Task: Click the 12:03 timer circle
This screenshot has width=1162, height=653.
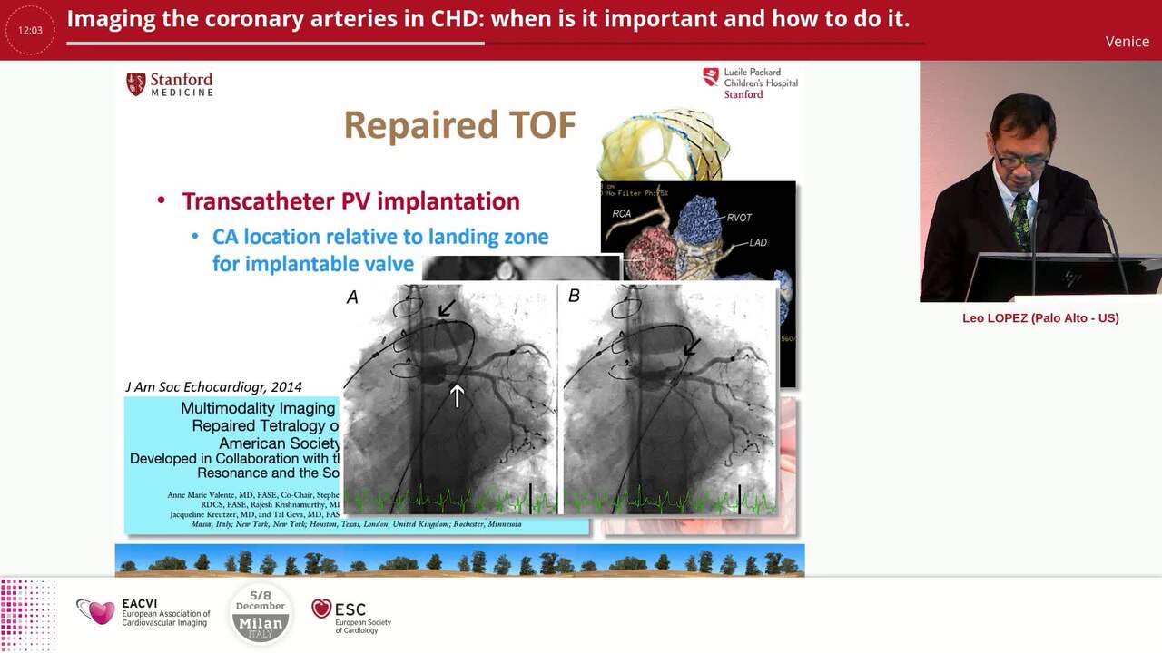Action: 30,30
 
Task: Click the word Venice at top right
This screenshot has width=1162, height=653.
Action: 1127,42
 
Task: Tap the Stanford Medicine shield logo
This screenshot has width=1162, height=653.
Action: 136,84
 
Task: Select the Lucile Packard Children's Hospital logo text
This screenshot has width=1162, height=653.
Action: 760,83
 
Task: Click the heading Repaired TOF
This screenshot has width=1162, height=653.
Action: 459,126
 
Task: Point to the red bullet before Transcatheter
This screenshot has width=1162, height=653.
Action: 162,201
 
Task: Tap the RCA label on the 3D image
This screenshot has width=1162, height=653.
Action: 622,214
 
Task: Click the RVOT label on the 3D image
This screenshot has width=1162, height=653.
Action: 739,218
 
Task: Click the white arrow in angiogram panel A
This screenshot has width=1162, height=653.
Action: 457,395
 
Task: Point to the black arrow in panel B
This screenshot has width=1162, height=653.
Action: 692,346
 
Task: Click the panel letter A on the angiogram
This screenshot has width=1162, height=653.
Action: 352,297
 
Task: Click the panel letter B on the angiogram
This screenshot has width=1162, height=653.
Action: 574,296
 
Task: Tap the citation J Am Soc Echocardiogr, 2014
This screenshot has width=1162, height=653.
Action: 213,386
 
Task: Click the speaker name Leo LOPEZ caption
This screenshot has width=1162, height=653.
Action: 1040,318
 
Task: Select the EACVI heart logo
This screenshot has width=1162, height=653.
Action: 95,612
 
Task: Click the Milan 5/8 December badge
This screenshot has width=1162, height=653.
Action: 261,613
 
